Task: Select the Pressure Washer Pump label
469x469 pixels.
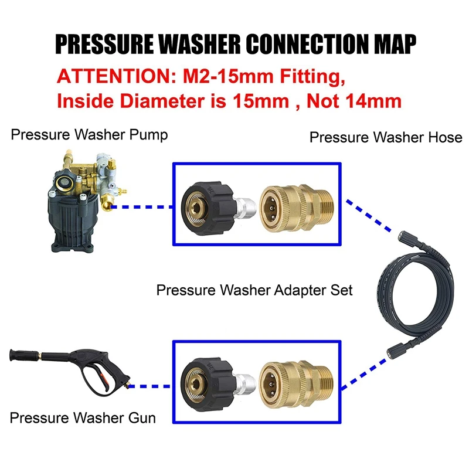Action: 90,135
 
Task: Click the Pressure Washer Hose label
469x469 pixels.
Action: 386,138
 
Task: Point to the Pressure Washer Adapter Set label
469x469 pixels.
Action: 254,290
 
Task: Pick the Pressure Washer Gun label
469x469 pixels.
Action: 83,418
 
